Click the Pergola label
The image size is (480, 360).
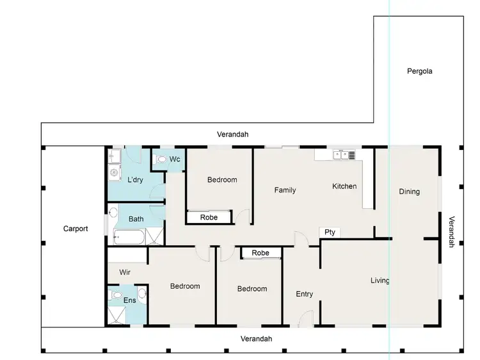click(420, 71)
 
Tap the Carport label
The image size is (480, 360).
click(76, 229)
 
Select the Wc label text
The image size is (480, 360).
click(175, 159)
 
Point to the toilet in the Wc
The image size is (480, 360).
click(161, 160)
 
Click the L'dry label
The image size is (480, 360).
click(135, 180)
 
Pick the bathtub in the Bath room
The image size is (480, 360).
click(129, 238)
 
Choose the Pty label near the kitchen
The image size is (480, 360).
click(330, 233)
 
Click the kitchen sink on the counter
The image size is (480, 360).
click(344, 154)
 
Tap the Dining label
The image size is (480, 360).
click(409, 192)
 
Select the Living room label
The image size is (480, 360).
click(380, 281)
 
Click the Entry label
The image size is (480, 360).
click(305, 294)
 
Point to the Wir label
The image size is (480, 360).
click(125, 272)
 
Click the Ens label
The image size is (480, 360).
click(129, 300)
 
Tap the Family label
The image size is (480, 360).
click(285, 190)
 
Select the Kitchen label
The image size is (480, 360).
click(344, 186)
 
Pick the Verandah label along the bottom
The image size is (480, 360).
click(256, 339)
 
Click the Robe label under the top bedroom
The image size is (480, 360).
click(209, 218)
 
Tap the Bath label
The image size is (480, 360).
click(136, 219)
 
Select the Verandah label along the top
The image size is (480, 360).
click(232, 135)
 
